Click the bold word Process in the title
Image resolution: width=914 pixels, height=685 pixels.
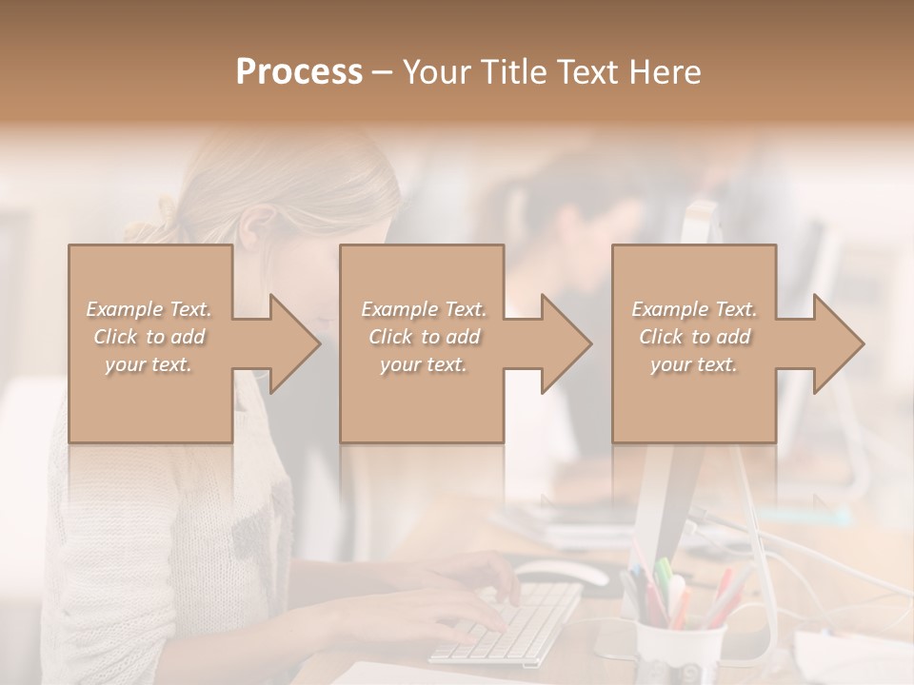point(299,72)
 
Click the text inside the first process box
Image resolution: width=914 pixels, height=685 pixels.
point(149,337)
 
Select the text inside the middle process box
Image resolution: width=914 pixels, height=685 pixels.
point(423,337)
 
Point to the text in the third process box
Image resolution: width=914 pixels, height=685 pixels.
point(694,337)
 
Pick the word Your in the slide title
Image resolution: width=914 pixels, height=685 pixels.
point(436,72)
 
